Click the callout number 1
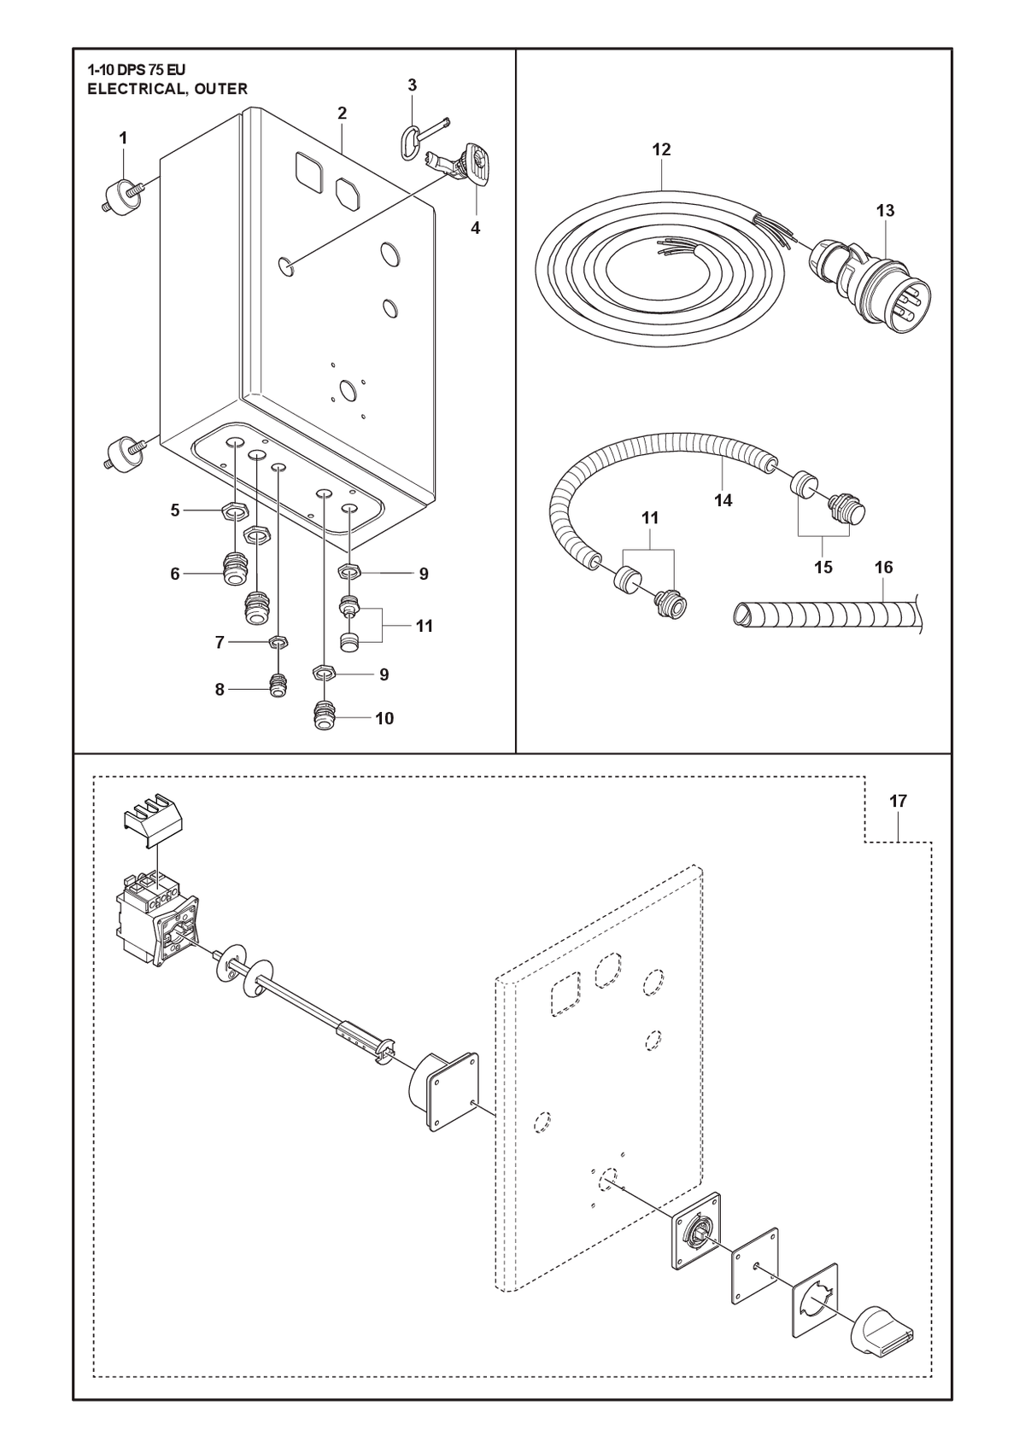tap(123, 137)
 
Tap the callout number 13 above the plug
tap(886, 211)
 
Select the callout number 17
tap(899, 801)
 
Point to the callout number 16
tap(883, 567)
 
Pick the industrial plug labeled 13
tap(867, 285)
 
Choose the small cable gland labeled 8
tap(278, 686)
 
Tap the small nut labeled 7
tap(278, 642)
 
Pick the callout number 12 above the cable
tap(661, 149)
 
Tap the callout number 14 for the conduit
tap(723, 500)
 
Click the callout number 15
tap(823, 567)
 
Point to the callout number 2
tap(342, 113)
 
